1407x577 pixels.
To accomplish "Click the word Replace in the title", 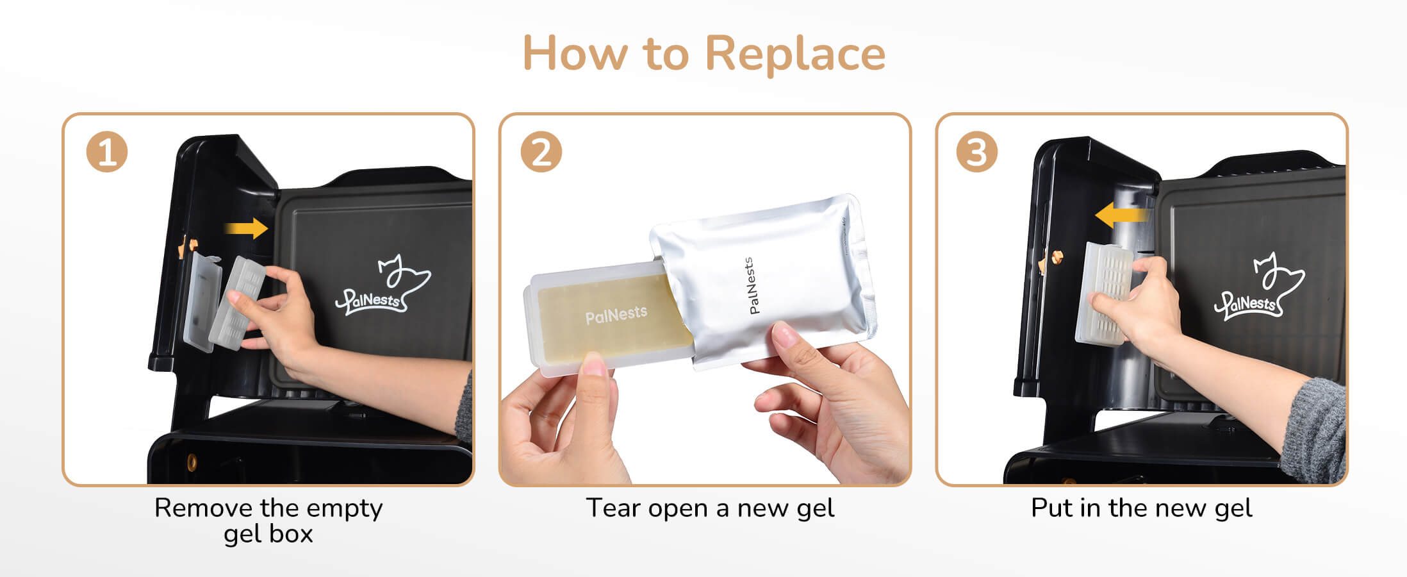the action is pos(795,54).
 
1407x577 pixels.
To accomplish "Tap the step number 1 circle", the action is pos(107,153).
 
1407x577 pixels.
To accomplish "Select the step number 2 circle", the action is pos(541,153).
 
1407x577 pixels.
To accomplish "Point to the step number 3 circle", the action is pos(976,153).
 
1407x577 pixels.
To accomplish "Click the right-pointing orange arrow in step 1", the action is pos(246,228).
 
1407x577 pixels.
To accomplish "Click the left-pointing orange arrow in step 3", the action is pos(1121,215).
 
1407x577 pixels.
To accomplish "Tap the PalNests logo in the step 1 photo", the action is pos(383,286).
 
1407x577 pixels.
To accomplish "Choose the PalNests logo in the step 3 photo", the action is pos(1259,287).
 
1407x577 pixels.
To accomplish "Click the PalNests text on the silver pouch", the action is pos(752,285).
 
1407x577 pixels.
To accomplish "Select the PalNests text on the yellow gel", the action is pos(616,315).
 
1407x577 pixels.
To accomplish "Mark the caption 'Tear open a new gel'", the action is pos(710,508).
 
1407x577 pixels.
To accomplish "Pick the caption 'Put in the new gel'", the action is pos(1141,508).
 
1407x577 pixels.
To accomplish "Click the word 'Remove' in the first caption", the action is pos(203,508).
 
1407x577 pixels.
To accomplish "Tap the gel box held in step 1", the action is pos(237,302).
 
